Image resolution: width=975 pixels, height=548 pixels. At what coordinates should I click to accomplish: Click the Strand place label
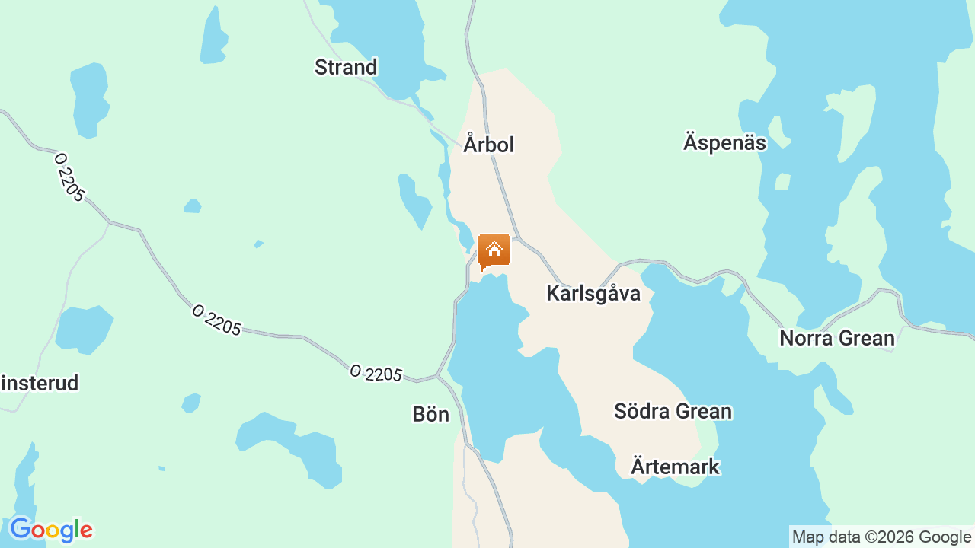[346, 67]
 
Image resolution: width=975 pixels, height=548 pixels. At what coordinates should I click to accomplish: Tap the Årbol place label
[489, 144]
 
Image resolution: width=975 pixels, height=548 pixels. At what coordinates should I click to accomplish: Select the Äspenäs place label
[724, 142]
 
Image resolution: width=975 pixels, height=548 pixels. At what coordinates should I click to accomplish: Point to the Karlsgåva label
[593, 293]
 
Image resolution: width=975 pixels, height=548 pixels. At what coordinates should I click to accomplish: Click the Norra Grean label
[836, 338]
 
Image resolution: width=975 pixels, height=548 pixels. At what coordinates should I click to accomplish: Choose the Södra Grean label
[673, 411]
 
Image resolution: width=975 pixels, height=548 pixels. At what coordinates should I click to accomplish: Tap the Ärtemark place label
[675, 466]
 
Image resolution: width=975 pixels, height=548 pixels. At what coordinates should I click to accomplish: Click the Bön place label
[430, 414]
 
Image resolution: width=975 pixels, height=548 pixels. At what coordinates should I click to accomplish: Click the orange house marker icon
[494, 250]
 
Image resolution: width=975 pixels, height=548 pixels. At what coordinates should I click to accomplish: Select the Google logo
[50, 530]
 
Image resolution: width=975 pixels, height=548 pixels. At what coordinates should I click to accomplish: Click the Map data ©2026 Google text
[881, 537]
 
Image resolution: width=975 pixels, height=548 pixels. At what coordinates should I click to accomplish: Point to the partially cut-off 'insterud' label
[40, 383]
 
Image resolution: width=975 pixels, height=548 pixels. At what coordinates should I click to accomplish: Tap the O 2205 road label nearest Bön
[376, 374]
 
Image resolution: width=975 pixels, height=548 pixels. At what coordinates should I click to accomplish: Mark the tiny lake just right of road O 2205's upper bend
[193, 205]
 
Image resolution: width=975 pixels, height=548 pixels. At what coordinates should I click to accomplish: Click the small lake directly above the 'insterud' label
[84, 329]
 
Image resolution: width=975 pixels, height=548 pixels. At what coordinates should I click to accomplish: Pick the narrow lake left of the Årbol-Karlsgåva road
[415, 200]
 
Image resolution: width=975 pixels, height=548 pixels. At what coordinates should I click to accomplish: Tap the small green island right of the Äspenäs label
[782, 181]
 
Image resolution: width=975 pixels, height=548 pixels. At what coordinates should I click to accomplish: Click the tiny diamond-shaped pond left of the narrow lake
[259, 244]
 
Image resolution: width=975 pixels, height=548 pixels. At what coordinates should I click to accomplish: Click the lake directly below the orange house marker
[487, 358]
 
